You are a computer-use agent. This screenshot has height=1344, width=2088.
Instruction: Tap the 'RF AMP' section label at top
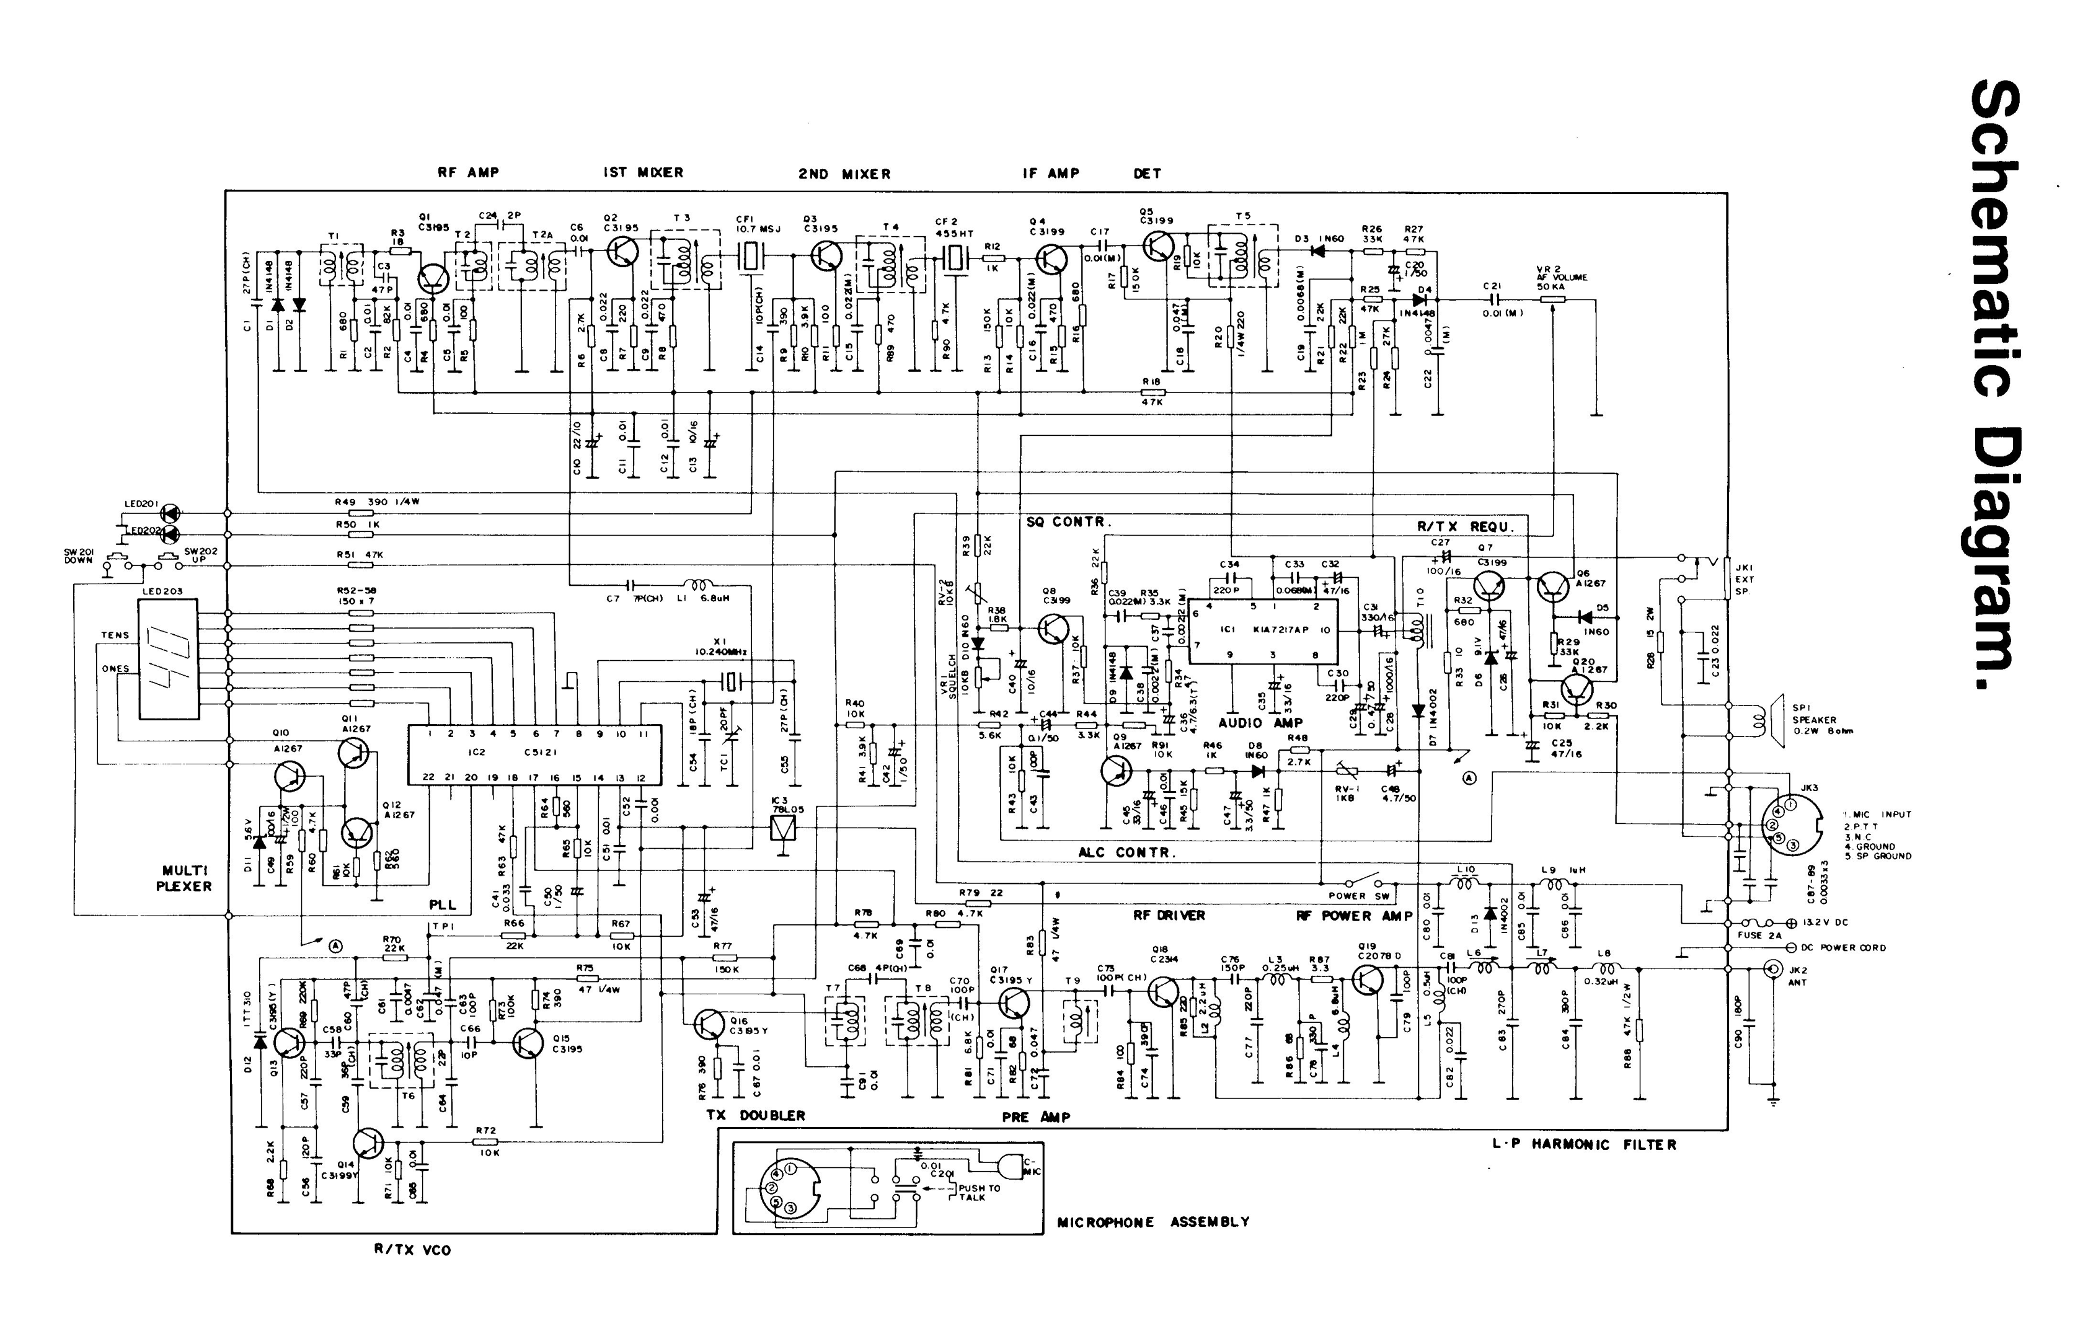pyautogui.click(x=469, y=173)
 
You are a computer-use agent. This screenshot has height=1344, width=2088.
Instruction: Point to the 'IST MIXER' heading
pyautogui.click(x=643, y=173)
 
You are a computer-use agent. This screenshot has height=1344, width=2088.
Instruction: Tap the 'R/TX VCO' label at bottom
pyautogui.click(x=413, y=1250)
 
